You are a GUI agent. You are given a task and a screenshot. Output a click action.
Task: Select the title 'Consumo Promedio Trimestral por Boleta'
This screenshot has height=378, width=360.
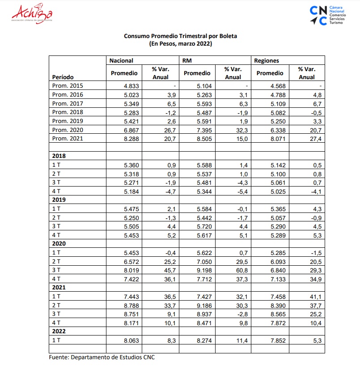(180, 36)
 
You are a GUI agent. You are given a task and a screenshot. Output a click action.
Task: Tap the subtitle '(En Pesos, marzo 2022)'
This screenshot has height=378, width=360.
(180, 44)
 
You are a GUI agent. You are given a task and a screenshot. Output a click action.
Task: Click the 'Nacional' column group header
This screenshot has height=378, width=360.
(121, 60)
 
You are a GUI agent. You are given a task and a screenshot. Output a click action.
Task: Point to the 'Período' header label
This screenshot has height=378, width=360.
(63, 77)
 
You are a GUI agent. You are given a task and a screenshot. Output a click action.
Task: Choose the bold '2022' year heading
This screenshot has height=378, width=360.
(59, 331)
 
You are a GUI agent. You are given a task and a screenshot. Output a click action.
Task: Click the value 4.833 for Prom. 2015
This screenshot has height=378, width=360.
(131, 86)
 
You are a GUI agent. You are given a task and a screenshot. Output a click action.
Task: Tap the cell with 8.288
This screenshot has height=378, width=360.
(131, 139)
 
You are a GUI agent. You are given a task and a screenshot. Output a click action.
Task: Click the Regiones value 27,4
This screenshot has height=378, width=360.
(314, 139)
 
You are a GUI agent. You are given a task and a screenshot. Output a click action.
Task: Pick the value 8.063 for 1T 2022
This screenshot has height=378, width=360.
(131, 340)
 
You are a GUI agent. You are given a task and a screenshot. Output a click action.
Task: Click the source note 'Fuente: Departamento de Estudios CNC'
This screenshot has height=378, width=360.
(102, 357)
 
